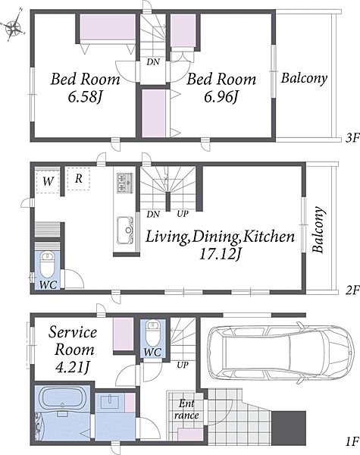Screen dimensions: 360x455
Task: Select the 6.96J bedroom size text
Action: coord(221,97)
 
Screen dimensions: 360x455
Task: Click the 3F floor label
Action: coord(352,139)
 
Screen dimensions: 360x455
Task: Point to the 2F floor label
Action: coord(352,290)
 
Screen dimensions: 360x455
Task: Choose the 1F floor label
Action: coord(352,442)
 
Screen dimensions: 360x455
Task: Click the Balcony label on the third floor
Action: coord(304,78)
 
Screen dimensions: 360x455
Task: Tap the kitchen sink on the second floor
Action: coord(125,231)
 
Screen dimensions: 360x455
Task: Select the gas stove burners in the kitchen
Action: coord(125,183)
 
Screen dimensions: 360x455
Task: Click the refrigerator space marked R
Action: coord(78,178)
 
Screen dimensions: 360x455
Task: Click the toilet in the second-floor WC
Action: coord(47,264)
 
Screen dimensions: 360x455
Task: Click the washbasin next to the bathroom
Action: coord(110,402)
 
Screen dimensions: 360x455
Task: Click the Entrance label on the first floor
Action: coord(186,409)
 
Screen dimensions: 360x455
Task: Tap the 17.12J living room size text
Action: coord(221,255)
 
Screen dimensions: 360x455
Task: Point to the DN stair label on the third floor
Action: coord(153,62)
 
